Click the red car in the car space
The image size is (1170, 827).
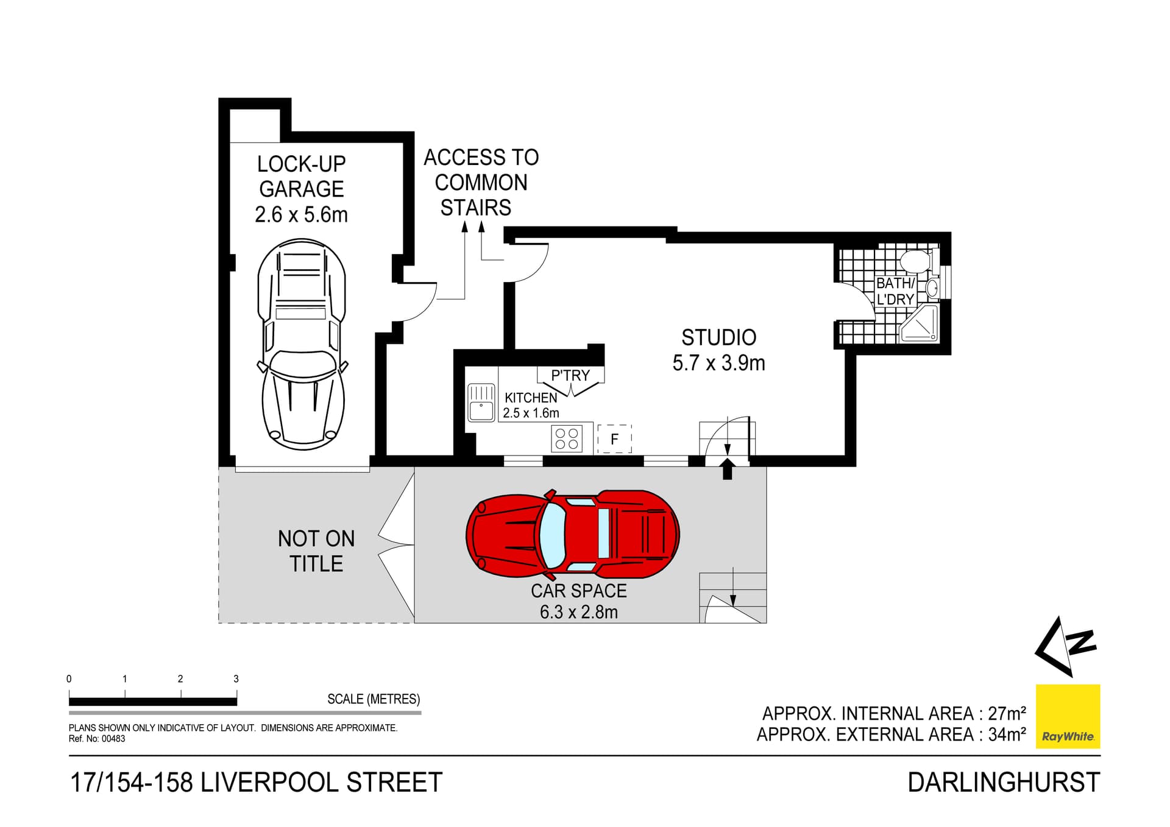572,535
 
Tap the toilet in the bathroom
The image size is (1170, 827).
915,261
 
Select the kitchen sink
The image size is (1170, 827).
481,403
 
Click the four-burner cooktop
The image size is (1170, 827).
567,438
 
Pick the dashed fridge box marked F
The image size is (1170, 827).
614,438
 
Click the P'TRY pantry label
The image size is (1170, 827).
570,376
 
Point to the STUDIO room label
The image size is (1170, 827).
718,337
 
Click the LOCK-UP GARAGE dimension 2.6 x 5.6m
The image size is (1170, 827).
301,215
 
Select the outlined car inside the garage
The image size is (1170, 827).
302,344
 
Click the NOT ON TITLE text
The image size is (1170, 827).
316,551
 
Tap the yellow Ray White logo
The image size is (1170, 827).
1068,716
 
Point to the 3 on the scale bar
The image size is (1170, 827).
236,678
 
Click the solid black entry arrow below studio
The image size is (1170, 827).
727,470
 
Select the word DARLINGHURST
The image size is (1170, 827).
1004,783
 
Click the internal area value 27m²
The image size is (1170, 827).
1007,713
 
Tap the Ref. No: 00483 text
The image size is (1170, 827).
97,739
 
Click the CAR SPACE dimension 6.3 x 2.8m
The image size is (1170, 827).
578,612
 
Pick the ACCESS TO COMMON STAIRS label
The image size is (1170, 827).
480,183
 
